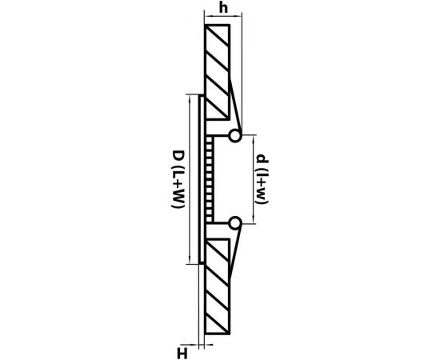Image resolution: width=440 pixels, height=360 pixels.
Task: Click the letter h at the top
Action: pos(223,8)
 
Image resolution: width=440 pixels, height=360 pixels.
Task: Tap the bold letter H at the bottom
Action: pos(182,354)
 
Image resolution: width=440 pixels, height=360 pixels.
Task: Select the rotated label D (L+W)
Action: pos(178,179)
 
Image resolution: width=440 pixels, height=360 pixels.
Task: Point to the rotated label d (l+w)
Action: pos(262,179)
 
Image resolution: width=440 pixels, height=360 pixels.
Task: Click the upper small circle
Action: pos(234,136)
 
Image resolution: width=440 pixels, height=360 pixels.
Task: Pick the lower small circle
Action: pos(235,223)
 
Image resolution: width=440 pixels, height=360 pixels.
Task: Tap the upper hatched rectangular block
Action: pos(218,72)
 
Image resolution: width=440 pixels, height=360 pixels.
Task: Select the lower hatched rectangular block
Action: pos(218,286)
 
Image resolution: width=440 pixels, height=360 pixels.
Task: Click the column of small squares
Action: pos(210,179)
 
